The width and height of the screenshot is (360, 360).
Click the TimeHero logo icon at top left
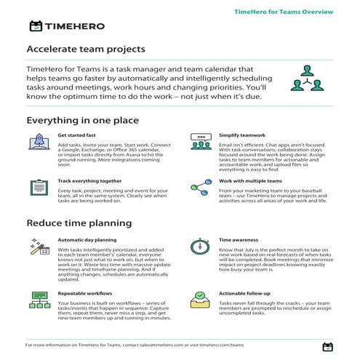tap(35, 26)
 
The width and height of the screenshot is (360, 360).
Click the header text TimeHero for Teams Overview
tap(284, 12)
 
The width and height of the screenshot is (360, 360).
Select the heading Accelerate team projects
tap(85, 49)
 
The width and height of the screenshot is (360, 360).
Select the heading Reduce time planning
tap(79, 223)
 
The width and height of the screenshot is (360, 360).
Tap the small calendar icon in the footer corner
tap(327, 347)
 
